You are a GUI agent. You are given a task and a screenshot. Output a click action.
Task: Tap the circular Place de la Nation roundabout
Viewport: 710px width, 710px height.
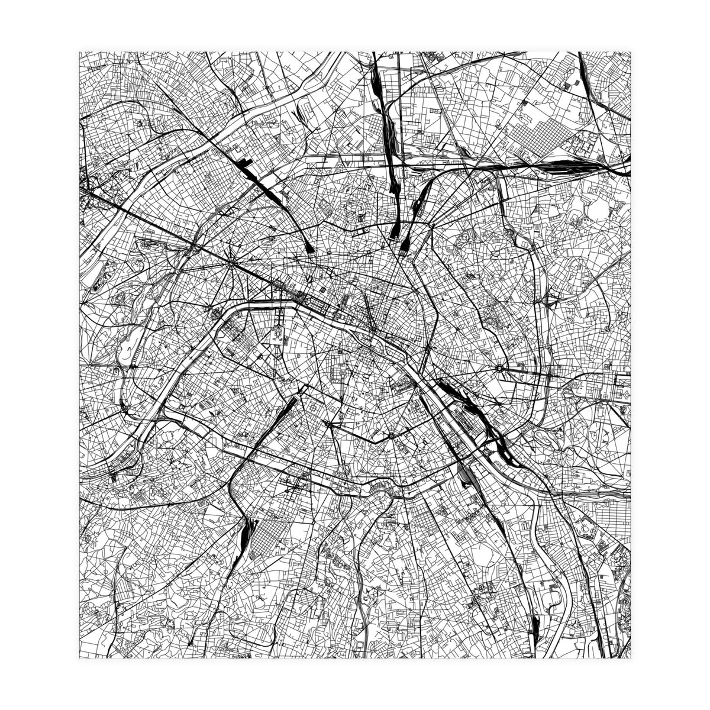500,368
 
